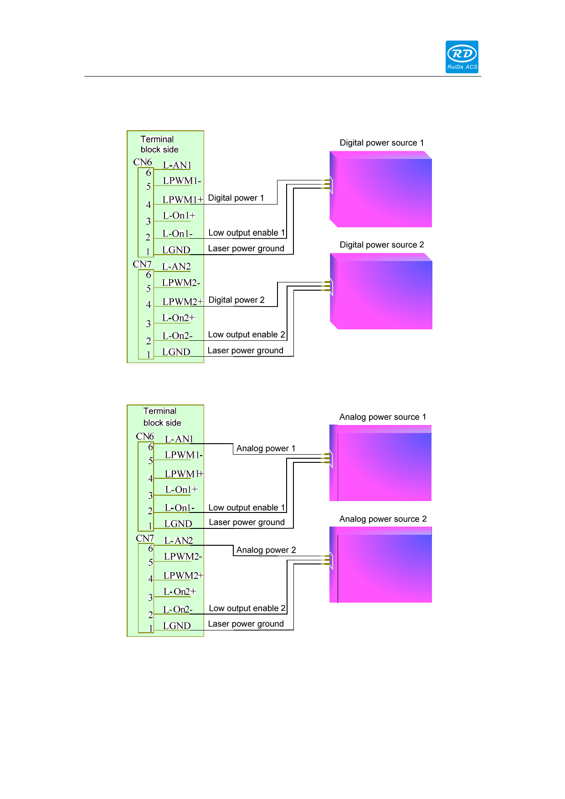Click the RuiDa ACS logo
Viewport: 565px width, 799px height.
pyautogui.click(x=462, y=57)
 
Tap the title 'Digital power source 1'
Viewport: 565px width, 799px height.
pyautogui.click(x=381, y=143)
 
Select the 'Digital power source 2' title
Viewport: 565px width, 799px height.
pyautogui.click(x=381, y=245)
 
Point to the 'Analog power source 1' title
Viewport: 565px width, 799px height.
pyautogui.click(x=382, y=417)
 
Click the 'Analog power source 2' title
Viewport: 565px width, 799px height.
pyautogui.click(x=383, y=519)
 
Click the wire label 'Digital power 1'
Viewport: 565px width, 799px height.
pyautogui.click(x=236, y=198)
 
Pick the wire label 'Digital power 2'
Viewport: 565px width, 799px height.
pyautogui.click(x=236, y=300)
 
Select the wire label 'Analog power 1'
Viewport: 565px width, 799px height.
pyautogui.click(x=266, y=449)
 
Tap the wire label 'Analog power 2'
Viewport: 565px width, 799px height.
pyautogui.click(x=266, y=550)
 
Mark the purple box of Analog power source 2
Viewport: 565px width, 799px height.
pyautogui.click(x=381, y=565)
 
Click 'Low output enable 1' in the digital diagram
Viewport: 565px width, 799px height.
pyautogui.click(x=247, y=233)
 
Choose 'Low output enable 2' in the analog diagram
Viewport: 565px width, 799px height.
pyautogui.click(x=247, y=609)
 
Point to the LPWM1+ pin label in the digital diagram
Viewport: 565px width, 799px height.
pyautogui.click(x=182, y=200)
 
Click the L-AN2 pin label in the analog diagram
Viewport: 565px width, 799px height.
pyautogui.click(x=178, y=541)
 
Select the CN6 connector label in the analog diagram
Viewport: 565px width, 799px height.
pyautogui.click(x=145, y=436)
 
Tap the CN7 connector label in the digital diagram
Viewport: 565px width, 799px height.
pyautogui.click(x=142, y=265)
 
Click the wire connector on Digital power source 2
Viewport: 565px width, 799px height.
pyautogui.click(x=328, y=287)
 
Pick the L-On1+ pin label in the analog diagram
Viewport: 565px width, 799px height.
pyautogui.click(x=181, y=490)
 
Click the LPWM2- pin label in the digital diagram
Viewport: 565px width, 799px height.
pyautogui.click(x=181, y=283)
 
